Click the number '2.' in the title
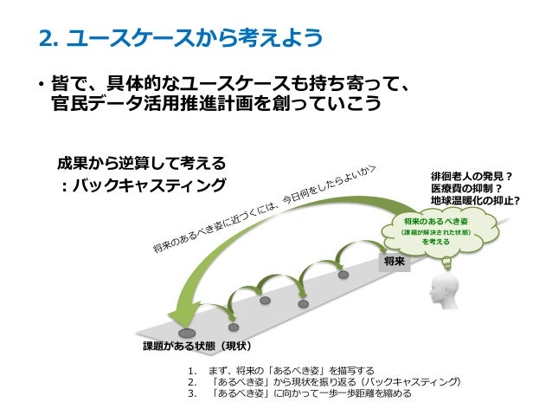(x=53, y=38)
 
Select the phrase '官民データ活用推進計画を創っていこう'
(x=216, y=105)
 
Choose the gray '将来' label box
(x=395, y=259)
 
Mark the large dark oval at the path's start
(x=185, y=333)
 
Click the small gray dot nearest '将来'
(x=343, y=275)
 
